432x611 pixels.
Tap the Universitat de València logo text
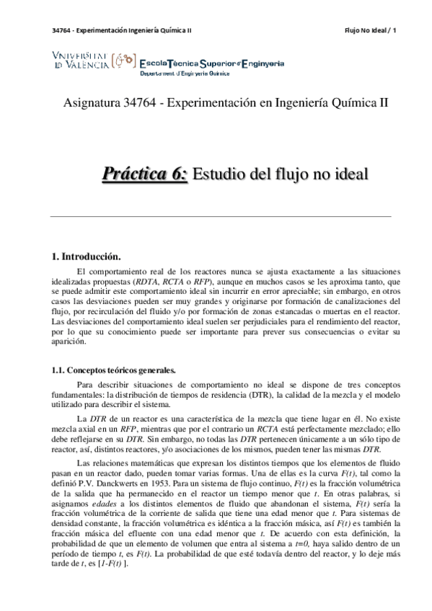pos(81,60)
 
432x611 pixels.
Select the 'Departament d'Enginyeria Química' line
pos(184,73)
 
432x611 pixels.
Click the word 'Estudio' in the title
pos(221,174)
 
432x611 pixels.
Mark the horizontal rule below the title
pos(221,216)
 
